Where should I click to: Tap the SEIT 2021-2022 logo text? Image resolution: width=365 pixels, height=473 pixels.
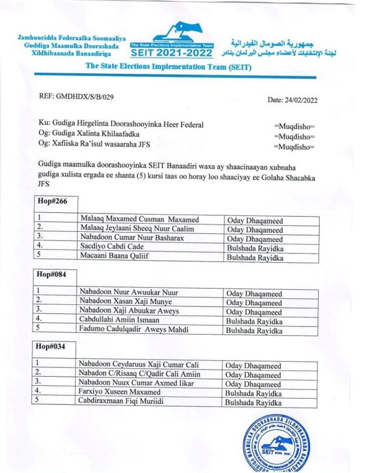(x=171, y=53)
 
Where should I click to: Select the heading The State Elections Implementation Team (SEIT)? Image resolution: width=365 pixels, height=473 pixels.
(x=168, y=67)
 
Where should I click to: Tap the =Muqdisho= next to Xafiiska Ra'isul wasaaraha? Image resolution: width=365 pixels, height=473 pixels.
(x=294, y=147)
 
